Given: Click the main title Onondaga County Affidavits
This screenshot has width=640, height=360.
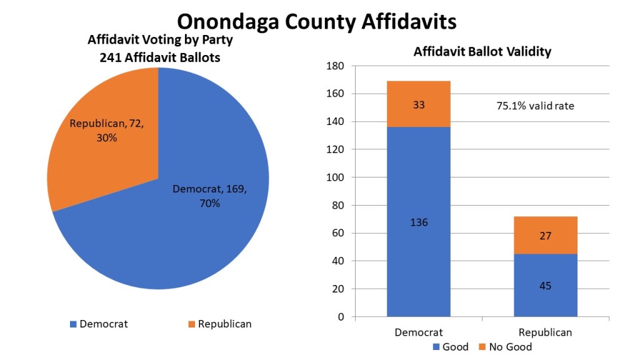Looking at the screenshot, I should tap(316, 21).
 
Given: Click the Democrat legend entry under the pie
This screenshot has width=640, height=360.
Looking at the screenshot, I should tap(99, 324).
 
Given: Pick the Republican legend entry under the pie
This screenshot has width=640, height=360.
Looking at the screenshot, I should tap(219, 324).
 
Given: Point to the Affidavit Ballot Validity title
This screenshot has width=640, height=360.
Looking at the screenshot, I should tap(482, 52).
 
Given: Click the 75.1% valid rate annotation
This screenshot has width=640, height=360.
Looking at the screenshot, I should tap(535, 106).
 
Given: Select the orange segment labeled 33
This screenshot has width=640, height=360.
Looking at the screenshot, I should tap(419, 104).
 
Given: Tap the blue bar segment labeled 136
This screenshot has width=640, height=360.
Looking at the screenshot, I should tap(419, 222).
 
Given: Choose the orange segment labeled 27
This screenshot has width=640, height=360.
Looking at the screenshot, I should tap(546, 235).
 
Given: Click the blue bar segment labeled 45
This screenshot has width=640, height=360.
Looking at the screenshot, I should tap(546, 286).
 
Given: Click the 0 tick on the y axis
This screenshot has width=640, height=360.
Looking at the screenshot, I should tap(341, 317).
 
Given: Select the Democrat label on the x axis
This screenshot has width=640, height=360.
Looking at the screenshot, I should tap(419, 332).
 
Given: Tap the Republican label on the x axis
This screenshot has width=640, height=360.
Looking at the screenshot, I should tap(546, 332).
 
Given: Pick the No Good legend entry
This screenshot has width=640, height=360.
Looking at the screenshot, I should tap(506, 347).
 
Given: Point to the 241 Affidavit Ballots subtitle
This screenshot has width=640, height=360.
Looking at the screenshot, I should tap(161, 57).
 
